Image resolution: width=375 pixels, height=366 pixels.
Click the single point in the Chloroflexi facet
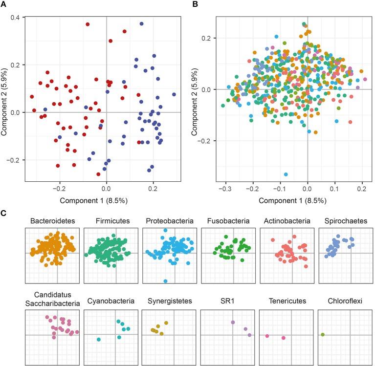[323, 335]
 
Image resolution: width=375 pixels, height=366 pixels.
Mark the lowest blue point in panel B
[286, 174]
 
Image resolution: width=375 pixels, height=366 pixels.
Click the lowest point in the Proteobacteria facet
[166, 281]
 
